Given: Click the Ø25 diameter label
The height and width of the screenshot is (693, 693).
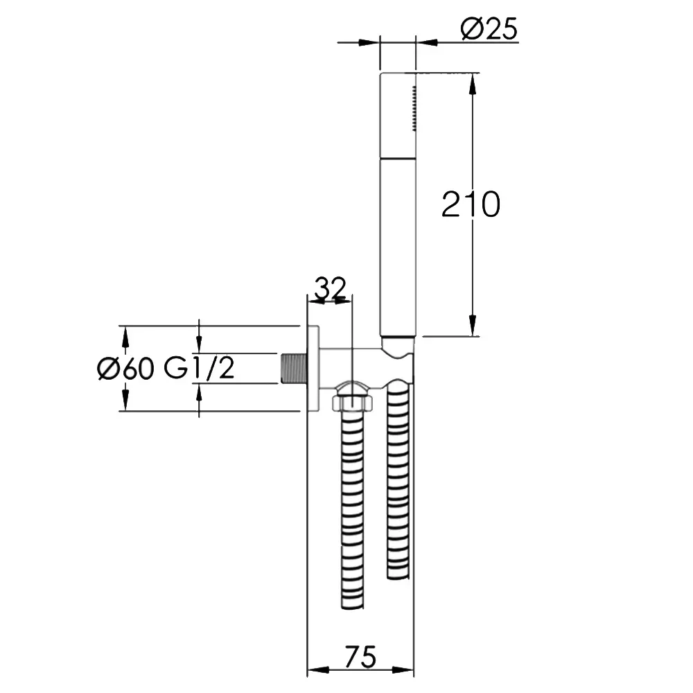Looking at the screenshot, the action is click(x=489, y=29).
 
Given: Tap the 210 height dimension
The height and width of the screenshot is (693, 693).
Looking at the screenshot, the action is click(x=471, y=204).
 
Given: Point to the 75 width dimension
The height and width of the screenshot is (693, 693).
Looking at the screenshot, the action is click(x=360, y=657).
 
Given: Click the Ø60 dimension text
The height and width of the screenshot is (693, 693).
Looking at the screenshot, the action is click(x=125, y=368).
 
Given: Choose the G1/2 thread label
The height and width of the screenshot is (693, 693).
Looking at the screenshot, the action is click(x=199, y=368).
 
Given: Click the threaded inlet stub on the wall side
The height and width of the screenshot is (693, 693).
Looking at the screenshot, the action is click(x=294, y=368).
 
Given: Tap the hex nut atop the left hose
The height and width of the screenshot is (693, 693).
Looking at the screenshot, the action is click(x=352, y=402).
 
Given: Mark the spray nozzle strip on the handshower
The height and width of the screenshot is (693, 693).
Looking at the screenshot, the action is click(x=414, y=108).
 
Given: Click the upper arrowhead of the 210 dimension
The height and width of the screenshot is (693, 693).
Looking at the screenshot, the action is click(x=473, y=84).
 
